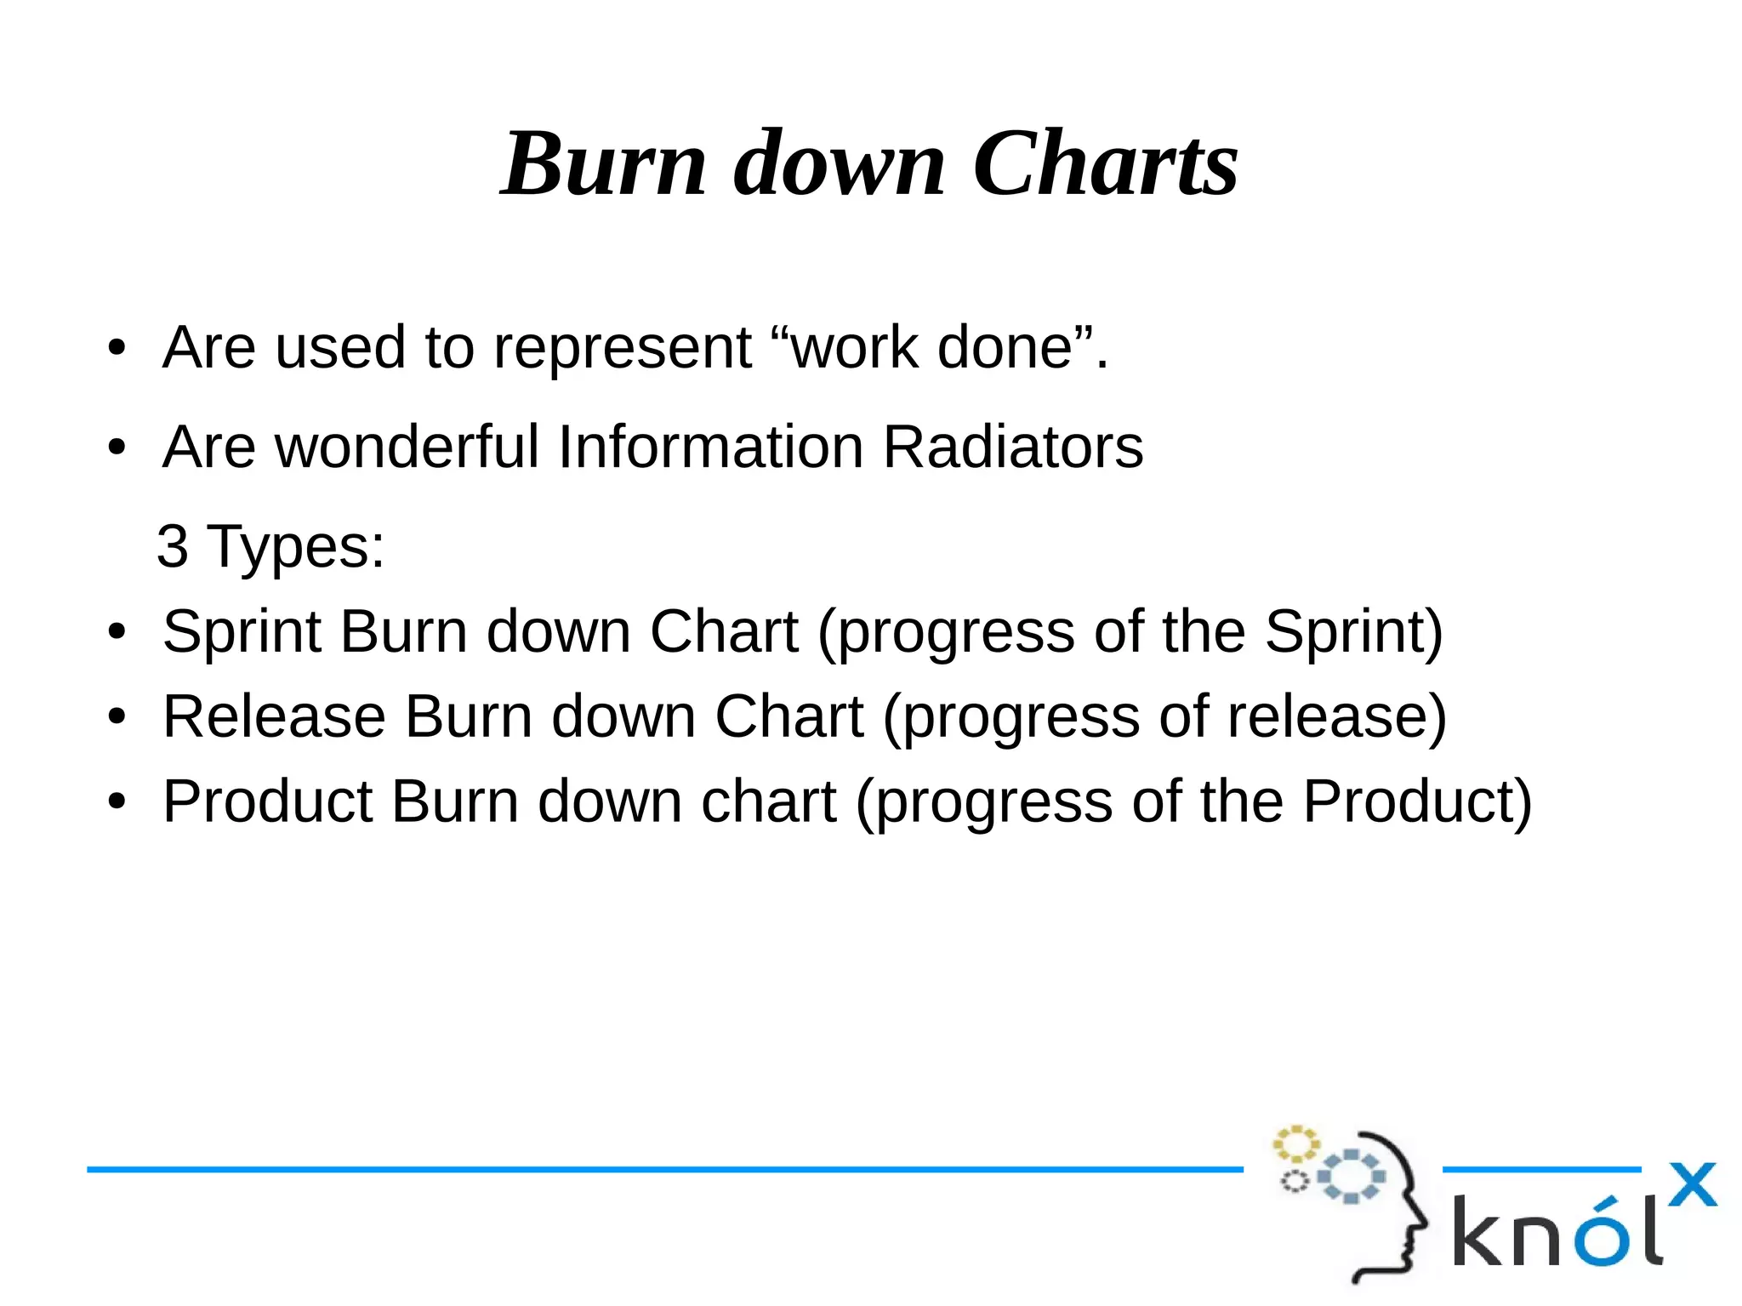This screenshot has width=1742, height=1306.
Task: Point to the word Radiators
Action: [1012, 447]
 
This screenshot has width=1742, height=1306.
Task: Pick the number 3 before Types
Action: [173, 546]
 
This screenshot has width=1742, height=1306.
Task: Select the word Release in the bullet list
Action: [274, 716]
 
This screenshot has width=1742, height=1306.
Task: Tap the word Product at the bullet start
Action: [268, 801]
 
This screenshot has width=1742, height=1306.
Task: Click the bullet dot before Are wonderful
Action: [117, 448]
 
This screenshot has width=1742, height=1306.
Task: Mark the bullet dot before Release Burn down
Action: [117, 717]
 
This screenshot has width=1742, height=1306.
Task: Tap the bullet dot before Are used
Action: [117, 348]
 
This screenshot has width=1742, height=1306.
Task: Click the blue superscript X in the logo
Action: [1692, 1184]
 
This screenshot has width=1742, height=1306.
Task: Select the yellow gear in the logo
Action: [1295, 1143]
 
